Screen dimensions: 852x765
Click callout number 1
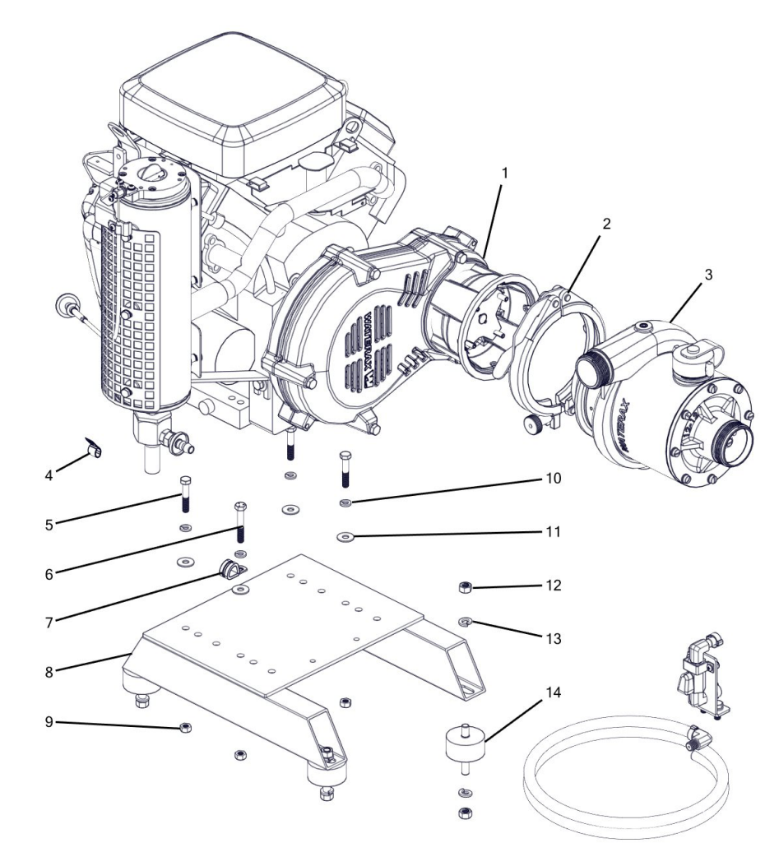click(504, 174)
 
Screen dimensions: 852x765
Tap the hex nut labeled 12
click(464, 586)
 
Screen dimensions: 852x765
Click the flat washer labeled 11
click(345, 537)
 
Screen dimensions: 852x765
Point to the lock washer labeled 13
click(464, 621)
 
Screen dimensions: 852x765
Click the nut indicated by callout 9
click(186, 726)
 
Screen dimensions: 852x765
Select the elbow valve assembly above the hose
click(698, 675)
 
